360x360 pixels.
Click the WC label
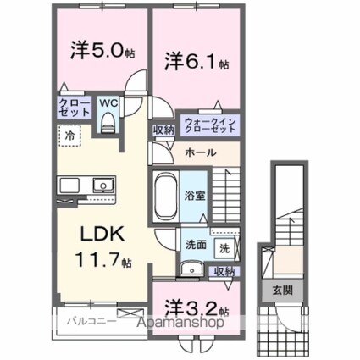coord(109,104)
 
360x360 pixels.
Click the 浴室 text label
coord(194,196)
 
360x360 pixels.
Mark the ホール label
coord(201,152)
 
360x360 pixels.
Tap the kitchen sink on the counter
coord(102,184)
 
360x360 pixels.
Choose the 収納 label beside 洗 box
coord(224,271)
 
